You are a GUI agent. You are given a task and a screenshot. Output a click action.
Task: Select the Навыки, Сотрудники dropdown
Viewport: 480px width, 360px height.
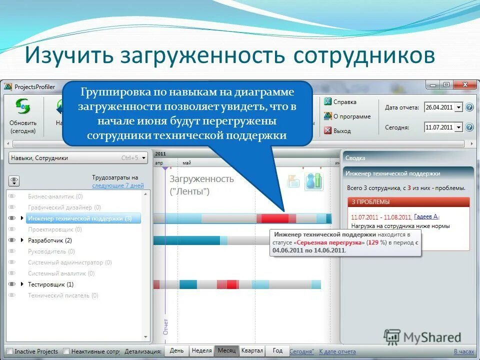pyautogui.click(x=78, y=158)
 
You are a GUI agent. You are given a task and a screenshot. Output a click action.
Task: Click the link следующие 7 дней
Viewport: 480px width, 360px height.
pyautogui.click(x=117, y=185)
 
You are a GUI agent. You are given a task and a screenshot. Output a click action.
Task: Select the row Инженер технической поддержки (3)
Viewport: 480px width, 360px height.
pyautogui.click(x=79, y=218)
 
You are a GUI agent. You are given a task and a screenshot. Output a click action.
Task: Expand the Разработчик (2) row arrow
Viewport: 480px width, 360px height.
pyautogui.click(x=22, y=240)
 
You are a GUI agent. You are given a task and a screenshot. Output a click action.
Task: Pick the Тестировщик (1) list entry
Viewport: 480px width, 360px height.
pyautogui.click(x=50, y=284)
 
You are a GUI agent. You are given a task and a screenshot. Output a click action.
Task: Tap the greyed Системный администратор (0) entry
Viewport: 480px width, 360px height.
pyautogui.click(x=69, y=262)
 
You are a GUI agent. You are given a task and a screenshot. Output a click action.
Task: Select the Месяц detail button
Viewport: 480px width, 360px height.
pyautogui.click(x=226, y=351)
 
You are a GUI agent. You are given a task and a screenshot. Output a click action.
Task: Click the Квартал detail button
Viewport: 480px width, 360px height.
pyautogui.click(x=252, y=351)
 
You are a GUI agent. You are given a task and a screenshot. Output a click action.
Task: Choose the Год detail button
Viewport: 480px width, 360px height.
pyautogui.click(x=277, y=351)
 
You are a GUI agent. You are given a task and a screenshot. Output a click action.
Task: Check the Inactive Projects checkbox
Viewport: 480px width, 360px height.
pyautogui.click(x=9, y=351)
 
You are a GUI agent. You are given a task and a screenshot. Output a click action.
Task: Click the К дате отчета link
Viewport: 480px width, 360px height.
pyautogui.click(x=337, y=351)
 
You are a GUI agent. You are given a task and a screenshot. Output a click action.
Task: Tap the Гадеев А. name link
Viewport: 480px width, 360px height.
pyautogui.click(x=426, y=216)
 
